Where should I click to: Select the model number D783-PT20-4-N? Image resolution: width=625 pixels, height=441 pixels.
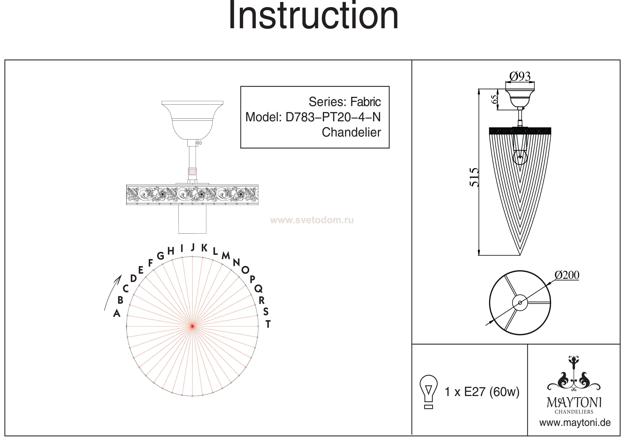click(333, 117)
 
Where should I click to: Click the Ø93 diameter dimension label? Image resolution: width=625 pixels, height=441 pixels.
click(520, 77)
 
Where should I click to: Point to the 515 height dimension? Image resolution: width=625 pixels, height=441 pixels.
click(474, 177)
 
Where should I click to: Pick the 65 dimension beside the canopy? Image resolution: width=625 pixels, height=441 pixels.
click(495, 99)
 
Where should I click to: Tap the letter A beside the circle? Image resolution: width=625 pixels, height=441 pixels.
click(117, 314)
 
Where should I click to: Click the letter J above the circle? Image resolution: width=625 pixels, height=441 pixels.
click(193, 247)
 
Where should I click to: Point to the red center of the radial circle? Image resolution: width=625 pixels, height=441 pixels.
click(192, 326)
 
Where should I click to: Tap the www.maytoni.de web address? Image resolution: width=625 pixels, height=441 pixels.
click(575, 423)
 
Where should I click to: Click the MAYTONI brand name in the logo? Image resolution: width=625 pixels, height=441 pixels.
click(574, 403)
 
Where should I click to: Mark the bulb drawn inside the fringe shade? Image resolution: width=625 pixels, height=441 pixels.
click(520, 158)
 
